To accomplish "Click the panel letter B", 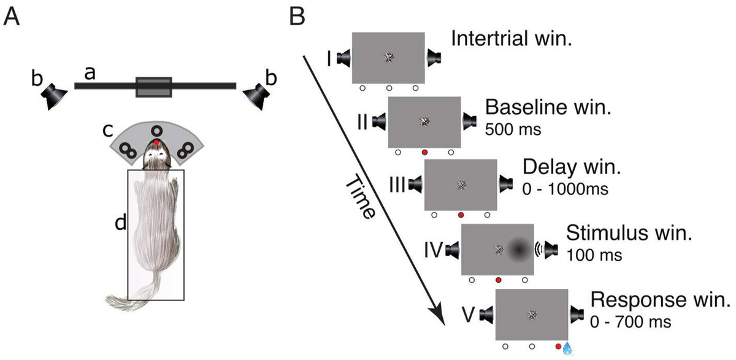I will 296,17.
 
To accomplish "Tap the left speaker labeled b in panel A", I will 55,96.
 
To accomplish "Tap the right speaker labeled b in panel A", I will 255,96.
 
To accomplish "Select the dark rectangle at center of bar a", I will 154,86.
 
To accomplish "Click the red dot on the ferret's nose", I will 157,142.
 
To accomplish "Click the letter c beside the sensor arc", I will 107,131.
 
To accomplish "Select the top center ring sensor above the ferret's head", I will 157,130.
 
